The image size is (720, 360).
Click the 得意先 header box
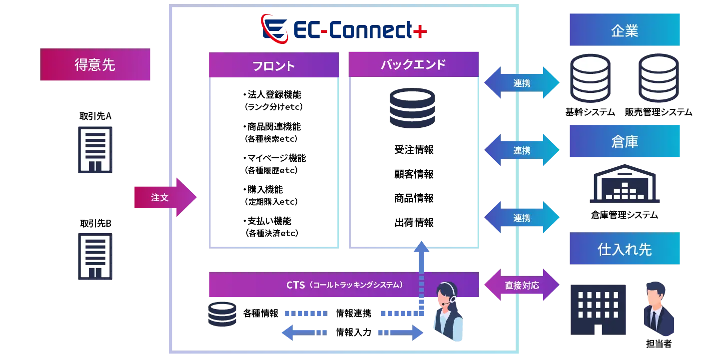coord(95,65)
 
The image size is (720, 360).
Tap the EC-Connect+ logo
coord(344,28)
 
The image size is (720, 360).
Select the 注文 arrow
coord(165,198)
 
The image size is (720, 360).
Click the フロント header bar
coord(273,65)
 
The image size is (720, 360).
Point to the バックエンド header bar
coord(413,64)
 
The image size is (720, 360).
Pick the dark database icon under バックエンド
coord(412,108)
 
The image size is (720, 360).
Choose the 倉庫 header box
coord(625,142)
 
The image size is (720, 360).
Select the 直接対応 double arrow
coord(522,286)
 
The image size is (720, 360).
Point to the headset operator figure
coord(448,312)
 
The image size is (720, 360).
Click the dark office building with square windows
coord(598,310)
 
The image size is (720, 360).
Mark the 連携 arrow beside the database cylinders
coord(522,83)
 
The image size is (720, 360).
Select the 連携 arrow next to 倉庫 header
coord(522,150)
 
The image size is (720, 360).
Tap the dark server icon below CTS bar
coord(223,314)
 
